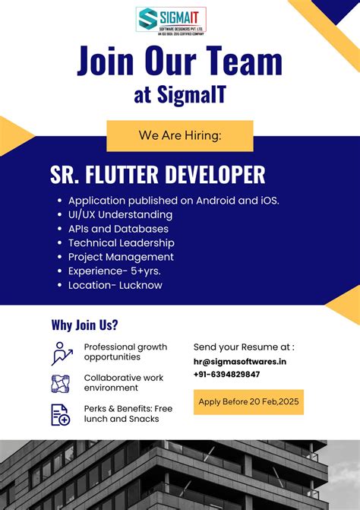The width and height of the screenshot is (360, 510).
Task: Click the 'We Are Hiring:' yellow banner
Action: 180,135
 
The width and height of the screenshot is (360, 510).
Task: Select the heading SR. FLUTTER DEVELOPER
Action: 158,175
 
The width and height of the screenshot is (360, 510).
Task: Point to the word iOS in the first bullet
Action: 264,201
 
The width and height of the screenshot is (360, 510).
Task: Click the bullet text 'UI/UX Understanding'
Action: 120,215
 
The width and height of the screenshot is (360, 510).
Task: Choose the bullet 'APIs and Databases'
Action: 118,229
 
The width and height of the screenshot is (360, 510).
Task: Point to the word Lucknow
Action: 141,286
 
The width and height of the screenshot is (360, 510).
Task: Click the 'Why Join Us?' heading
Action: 84,325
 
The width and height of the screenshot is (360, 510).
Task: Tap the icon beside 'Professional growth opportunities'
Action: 62,353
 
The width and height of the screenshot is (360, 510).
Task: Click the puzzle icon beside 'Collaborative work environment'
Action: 61,383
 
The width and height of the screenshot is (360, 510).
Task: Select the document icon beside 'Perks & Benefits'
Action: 61,414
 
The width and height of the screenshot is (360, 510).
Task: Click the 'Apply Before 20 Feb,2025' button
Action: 248,401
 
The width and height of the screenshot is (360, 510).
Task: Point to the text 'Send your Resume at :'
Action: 244,347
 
